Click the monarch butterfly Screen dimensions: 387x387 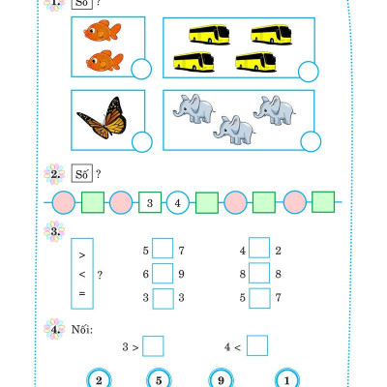103,118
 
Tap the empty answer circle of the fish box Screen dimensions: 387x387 141,69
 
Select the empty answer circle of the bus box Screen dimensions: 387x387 309,72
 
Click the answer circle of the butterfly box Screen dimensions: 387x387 142,142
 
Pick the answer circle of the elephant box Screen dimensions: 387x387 311,141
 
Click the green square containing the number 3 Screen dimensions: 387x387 150,202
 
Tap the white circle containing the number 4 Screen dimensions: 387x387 178,203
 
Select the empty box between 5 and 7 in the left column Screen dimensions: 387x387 163,249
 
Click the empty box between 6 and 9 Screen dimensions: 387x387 163,274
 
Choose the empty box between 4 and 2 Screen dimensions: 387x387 259,248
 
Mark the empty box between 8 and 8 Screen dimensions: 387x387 259,273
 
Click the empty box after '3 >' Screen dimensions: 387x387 153,346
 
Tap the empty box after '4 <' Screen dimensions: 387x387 257,345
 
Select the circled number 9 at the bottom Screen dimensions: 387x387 221,379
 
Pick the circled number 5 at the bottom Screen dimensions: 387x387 159,379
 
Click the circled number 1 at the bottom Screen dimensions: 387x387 286,379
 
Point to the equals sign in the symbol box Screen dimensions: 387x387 82,293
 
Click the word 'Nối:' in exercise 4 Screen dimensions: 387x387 82,329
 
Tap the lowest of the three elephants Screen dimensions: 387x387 234,130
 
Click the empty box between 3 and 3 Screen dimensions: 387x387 163,299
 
